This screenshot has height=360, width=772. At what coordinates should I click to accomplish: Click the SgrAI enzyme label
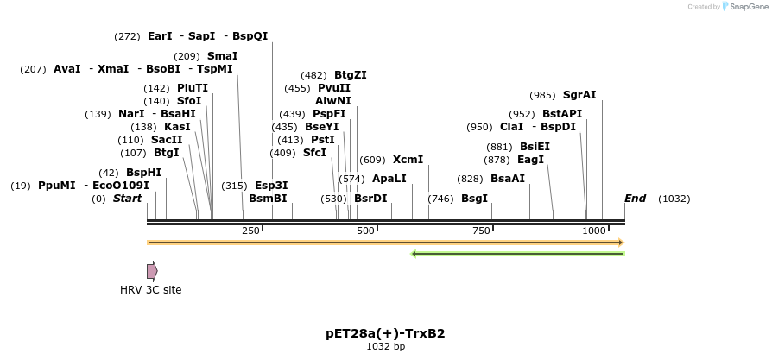click(x=579, y=95)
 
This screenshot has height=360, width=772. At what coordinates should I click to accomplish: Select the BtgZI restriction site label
click(x=351, y=75)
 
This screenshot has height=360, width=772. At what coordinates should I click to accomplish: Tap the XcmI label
click(x=408, y=160)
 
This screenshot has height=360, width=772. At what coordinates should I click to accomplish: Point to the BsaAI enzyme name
click(x=508, y=179)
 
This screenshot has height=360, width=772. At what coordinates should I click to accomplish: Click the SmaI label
click(x=223, y=55)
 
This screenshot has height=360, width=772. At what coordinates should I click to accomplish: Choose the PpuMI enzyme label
click(x=57, y=185)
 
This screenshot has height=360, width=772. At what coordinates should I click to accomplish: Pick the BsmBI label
click(x=268, y=199)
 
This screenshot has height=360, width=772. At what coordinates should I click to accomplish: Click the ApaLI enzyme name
click(x=389, y=179)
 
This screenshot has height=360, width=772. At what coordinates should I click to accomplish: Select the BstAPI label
click(x=563, y=114)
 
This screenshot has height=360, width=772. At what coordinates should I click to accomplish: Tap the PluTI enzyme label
click(x=193, y=88)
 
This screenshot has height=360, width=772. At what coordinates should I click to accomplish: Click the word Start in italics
click(x=127, y=199)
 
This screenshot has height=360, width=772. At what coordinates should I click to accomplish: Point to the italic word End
click(x=635, y=199)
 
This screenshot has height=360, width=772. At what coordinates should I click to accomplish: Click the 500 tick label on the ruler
click(x=365, y=231)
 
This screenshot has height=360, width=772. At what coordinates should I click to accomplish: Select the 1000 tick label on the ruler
click(x=594, y=231)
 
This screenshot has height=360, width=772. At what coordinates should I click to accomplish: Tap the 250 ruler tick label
click(x=250, y=231)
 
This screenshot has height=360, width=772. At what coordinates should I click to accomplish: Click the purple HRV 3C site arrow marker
click(x=152, y=271)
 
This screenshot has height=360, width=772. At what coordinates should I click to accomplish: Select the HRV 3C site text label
click(x=151, y=290)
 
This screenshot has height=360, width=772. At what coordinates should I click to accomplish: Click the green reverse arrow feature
click(x=518, y=254)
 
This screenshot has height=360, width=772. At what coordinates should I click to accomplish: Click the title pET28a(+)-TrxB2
click(x=385, y=332)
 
